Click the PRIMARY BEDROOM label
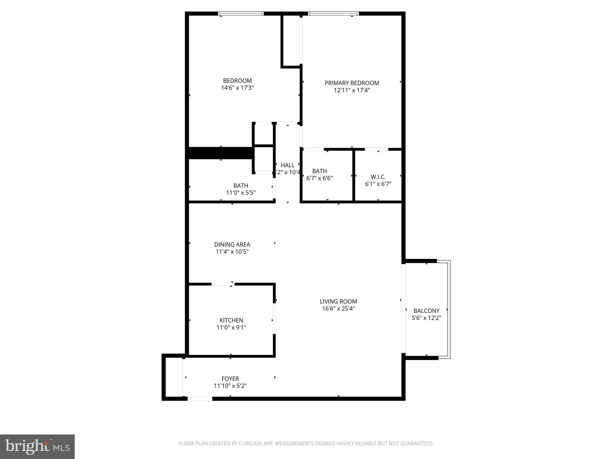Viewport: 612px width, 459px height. [x=352, y=83]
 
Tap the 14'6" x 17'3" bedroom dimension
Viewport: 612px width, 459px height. [x=237, y=88]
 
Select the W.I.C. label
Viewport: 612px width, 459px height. [x=378, y=177]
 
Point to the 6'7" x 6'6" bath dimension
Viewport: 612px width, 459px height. [x=319, y=178]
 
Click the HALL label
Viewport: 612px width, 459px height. [x=287, y=165]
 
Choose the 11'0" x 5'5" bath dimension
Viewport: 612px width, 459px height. [x=241, y=193]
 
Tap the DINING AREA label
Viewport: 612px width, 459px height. [x=232, y=244]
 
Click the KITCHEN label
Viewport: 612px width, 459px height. [x=231, y=320]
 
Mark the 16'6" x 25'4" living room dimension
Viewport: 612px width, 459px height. [x=338, y=309]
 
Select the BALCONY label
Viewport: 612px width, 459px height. [x=426, y=311]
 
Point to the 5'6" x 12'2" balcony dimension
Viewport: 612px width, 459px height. [x=426, y=318]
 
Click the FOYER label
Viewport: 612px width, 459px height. [x=230, y=379]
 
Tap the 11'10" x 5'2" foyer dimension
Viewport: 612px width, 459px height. [x=230, y=386]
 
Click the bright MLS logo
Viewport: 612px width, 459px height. [x=37, y=447]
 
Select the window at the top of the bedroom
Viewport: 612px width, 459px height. [x=241, y=13]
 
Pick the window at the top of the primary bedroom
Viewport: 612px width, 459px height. [x=333, y=13]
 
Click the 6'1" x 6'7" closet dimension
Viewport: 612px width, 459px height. [x=378, y=184]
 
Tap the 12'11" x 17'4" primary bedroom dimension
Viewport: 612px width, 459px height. [x=352, y=90]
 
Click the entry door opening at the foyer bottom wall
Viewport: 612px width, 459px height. [x=200, y=398]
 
